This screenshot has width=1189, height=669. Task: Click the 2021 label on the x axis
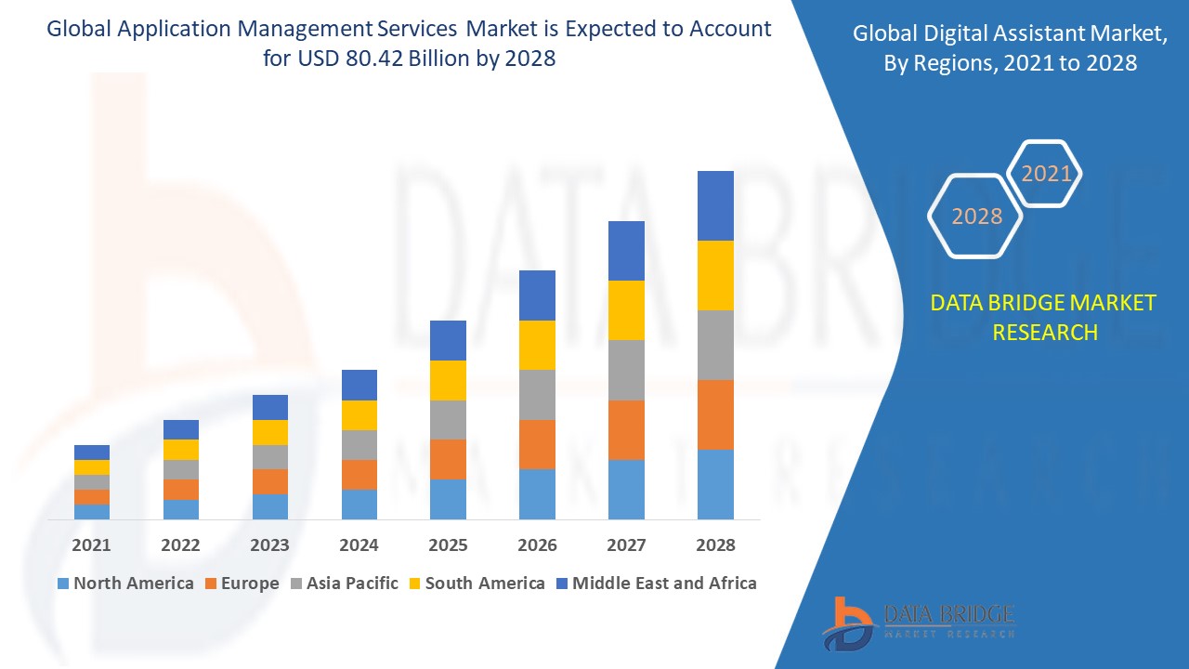pos(91,545)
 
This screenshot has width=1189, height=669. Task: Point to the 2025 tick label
pos(448,545)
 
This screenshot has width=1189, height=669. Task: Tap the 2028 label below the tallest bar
pos(715,545)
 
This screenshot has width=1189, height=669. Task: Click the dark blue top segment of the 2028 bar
pos(715,205)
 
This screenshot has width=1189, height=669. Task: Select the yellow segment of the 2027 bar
pos(626,309)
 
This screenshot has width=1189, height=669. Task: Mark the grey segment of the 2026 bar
pos(537,395)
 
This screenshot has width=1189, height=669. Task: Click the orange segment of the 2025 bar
pos(448,459)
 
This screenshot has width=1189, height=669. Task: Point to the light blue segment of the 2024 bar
pos(359,504)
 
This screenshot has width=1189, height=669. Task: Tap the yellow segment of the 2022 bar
pos(180,450)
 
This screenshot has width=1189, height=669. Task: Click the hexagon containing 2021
pos(1046,174)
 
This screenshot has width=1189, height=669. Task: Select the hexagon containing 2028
pos(976,216)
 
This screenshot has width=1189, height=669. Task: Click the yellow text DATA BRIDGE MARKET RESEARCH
pos(1044,317)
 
